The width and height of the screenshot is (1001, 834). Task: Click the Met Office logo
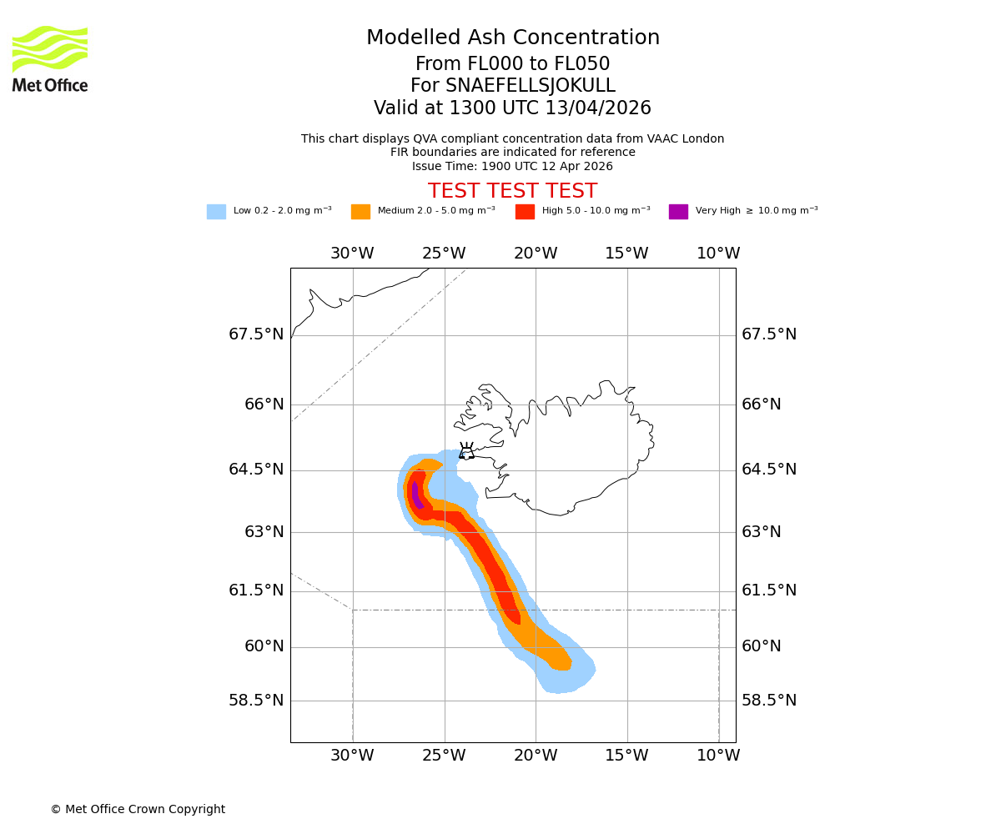pos(50,58)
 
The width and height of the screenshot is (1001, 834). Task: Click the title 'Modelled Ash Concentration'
pos(512,38)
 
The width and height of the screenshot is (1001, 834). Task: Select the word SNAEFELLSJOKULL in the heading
pos(531,86)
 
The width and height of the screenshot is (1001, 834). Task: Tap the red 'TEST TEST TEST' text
pos(512,191)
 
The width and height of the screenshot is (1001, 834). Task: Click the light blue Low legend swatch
pos(216,212)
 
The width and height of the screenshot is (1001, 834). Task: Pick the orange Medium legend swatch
pos(360,212)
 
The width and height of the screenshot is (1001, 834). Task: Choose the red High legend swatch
pos(525,212)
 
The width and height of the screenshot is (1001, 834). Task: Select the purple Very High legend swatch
pos(678,212)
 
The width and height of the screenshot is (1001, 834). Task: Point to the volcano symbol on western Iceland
pos(466,451)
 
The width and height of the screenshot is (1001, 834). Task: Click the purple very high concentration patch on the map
pos(416,495)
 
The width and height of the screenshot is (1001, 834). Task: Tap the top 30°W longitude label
pos(352,254)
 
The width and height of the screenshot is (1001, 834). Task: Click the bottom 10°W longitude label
pos(718,756)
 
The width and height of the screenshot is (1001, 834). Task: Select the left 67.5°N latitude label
pos(256,334)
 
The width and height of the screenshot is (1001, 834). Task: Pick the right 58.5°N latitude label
pos(769,701)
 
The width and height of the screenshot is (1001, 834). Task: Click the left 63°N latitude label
pos(264,532)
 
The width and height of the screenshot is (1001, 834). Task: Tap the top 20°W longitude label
pos(536,254)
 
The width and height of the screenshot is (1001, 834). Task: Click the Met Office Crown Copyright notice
pos(138,809)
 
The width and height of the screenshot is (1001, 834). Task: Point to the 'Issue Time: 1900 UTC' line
pos(512,166)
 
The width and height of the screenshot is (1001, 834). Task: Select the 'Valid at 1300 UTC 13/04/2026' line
pos(512,108)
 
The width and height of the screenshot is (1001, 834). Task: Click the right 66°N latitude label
pos(762,404)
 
